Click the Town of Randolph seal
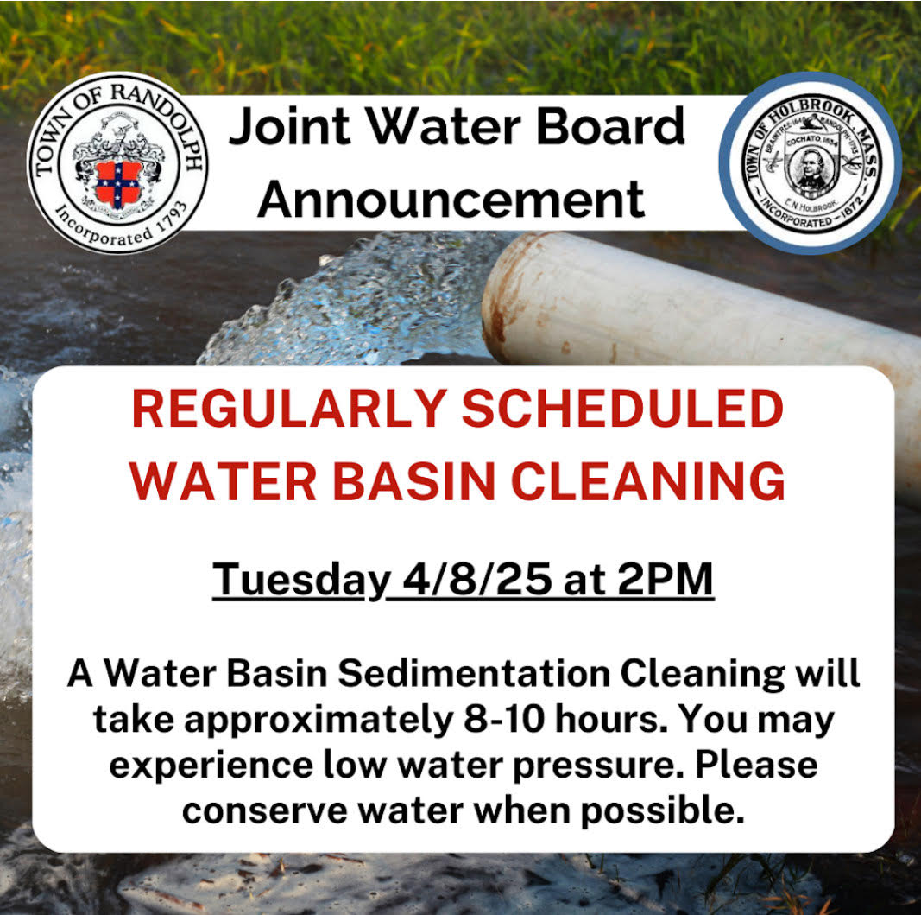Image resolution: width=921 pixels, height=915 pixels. tap(117, 163)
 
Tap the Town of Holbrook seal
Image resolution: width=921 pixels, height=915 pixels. tap(811, 163)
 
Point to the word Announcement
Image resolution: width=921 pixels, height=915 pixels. tap(451, 198)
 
